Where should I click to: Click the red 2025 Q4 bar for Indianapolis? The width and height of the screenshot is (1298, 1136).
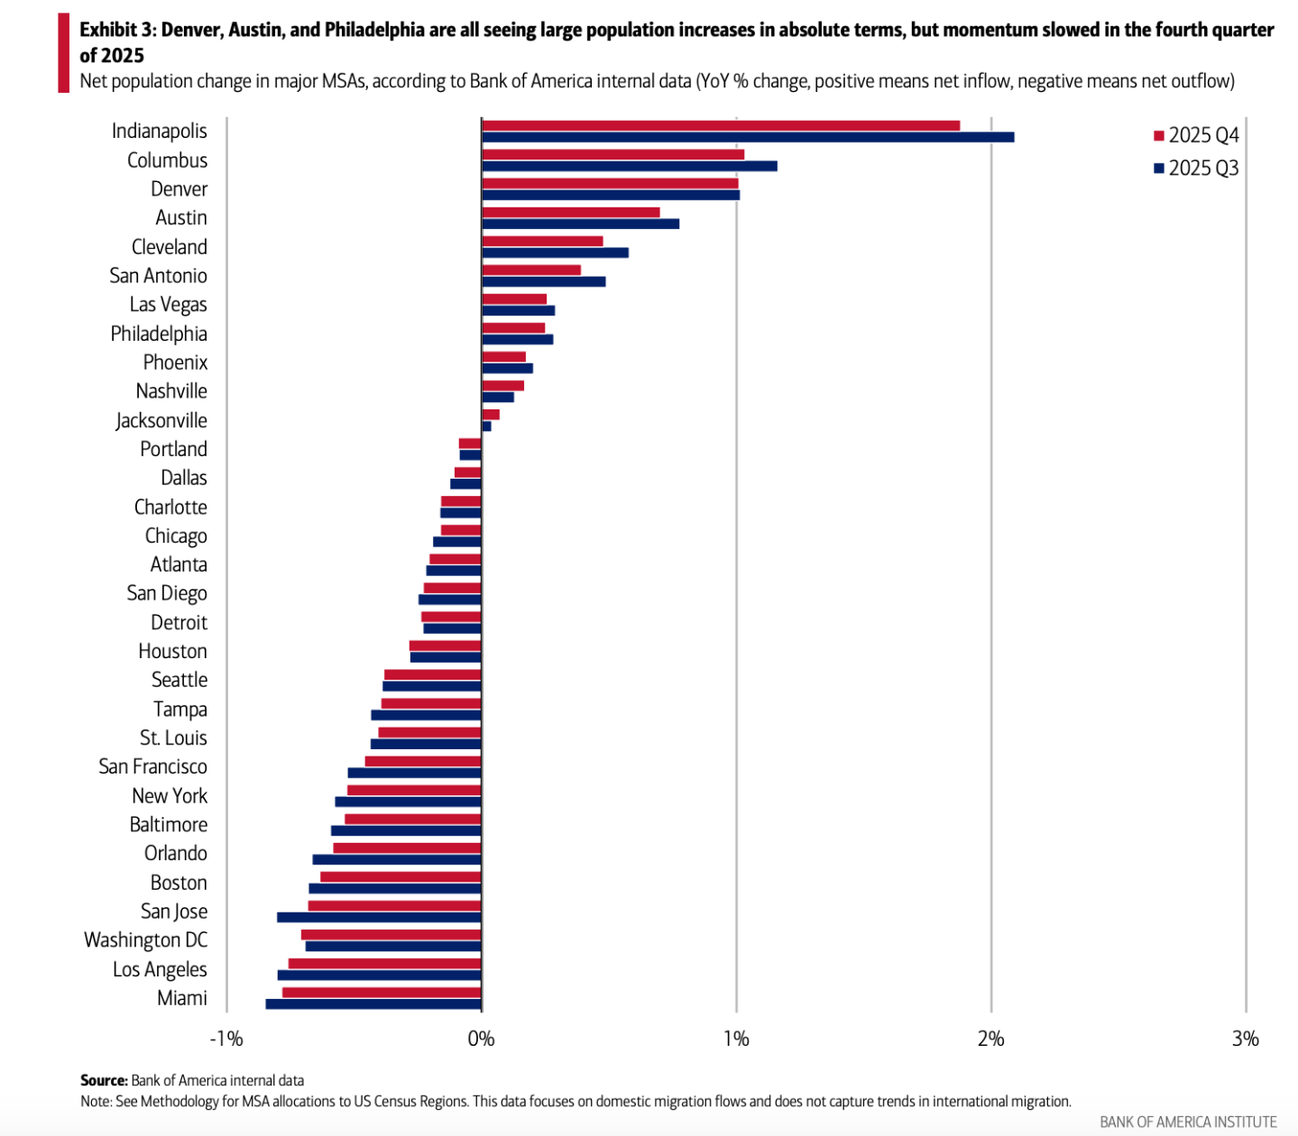click(x=721, y=125)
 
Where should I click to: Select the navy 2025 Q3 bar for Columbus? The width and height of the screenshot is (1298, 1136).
click(x=630, y=166)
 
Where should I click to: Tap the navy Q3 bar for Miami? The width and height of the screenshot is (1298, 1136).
click(x=373, y=1003)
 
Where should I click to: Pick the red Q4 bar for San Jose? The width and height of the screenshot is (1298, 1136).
click(x=394, y=905)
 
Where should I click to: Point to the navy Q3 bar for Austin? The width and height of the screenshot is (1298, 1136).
click(x=580, y=224)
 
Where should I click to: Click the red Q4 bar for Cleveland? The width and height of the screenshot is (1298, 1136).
click(x=542, y=241)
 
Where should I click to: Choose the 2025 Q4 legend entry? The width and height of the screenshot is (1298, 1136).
click(x=1196, y=135)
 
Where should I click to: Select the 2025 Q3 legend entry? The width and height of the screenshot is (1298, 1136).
click(x=1196, y=168)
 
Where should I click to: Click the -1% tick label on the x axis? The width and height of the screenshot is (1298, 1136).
click(x=226, y=1039)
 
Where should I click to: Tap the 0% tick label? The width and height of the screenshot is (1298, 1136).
click(x=482, y=1039)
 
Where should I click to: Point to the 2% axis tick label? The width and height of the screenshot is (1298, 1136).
click(x=990, y=1039)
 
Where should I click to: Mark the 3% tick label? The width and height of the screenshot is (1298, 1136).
click(x=1245, y=1039)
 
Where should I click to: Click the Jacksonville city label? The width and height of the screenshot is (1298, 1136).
click(x=161, y=420)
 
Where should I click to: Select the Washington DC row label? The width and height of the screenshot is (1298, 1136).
click(x=145, y=939)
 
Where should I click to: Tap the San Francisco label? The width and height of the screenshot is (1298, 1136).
click(x=152, y=766)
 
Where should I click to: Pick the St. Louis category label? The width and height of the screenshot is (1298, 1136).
click(x=173, y=737)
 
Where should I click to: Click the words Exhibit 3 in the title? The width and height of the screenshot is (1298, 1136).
click(x=118, y=30)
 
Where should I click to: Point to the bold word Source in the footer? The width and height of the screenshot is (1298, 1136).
click(x=104, y=1080)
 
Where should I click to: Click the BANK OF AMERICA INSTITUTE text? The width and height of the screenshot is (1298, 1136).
click(x=1188, y=1122)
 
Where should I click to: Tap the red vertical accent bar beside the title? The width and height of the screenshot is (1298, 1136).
click(x=63, y=52)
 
